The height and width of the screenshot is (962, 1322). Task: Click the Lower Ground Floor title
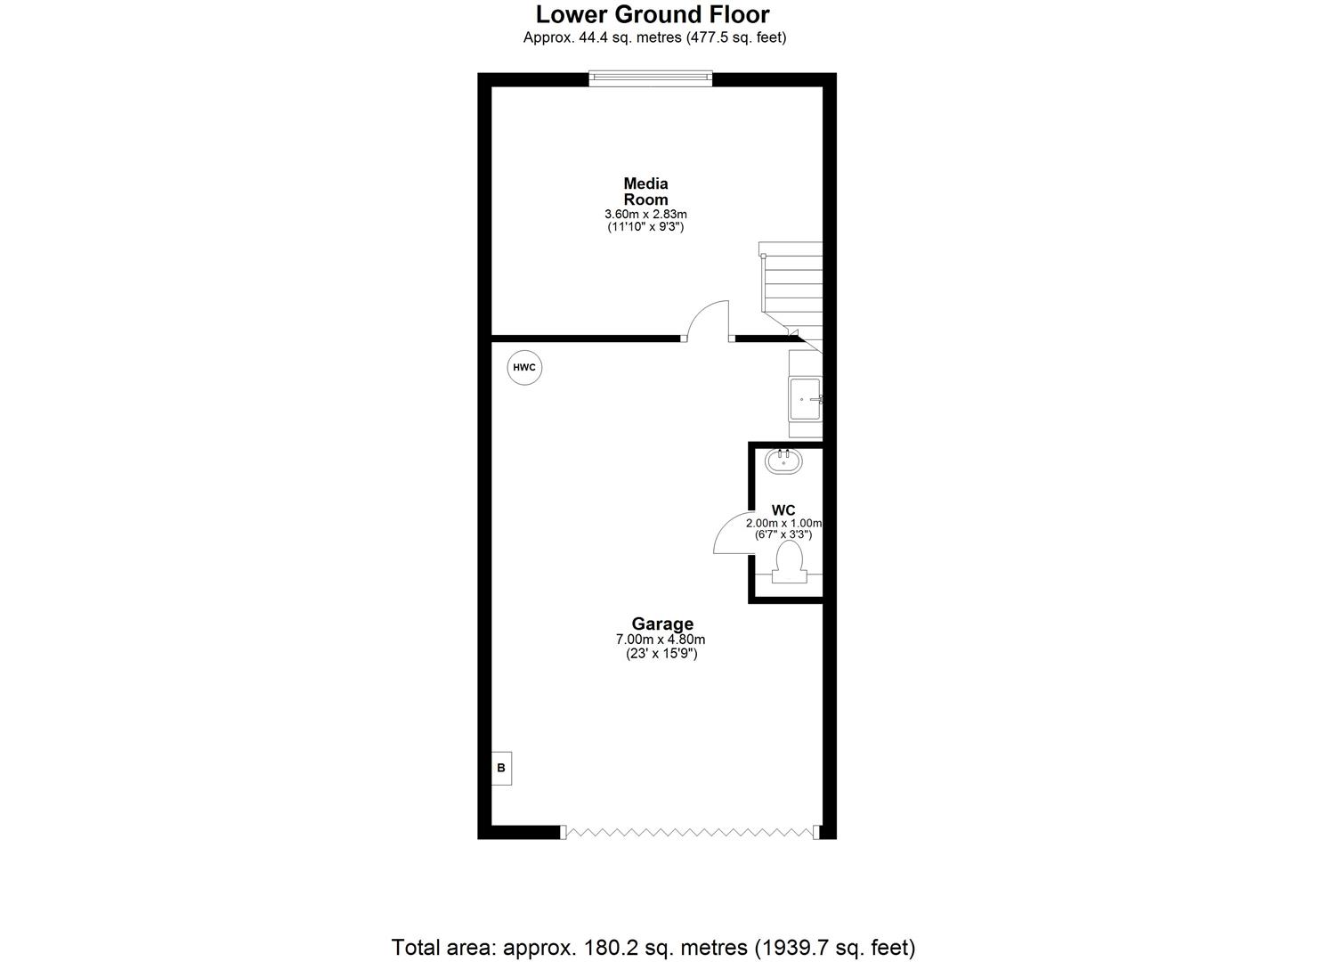pyautogui.click(x=653, y=14)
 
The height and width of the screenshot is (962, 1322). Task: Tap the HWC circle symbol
pyautogui.click(x=524, y=367)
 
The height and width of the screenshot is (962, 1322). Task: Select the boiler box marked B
pyautogui.click(x=501, y=767)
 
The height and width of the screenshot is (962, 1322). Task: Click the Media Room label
pyautogui.click(x=645, y=192)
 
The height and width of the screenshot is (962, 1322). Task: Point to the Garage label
pyautogui.click(x=661, y=624)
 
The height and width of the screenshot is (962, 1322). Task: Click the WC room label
pyautogui.click(x=783, y=510)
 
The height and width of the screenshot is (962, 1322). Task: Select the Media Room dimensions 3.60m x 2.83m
pyautogui.click(x=645, y=214)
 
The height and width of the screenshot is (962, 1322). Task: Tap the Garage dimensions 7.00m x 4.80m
pyautogui.click(x=661, y=639)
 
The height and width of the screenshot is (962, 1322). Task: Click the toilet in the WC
pyautogui.click(x=789, y=562)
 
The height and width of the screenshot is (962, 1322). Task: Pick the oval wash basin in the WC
pyautogui.click(x=784, y=460)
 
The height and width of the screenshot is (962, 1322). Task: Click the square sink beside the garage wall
pyautogui.click(x=805, y=398)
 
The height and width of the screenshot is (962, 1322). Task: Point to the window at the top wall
pyautogui.click(x=651, y=79)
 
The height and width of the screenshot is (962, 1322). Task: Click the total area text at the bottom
pyautogui.click(x=653, y=946)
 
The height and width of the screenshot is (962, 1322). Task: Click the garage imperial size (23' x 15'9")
pyautogui.click(x=661, y=653)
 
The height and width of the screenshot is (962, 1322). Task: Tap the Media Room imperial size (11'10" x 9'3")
pyautogui.click(x=645, y=227)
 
